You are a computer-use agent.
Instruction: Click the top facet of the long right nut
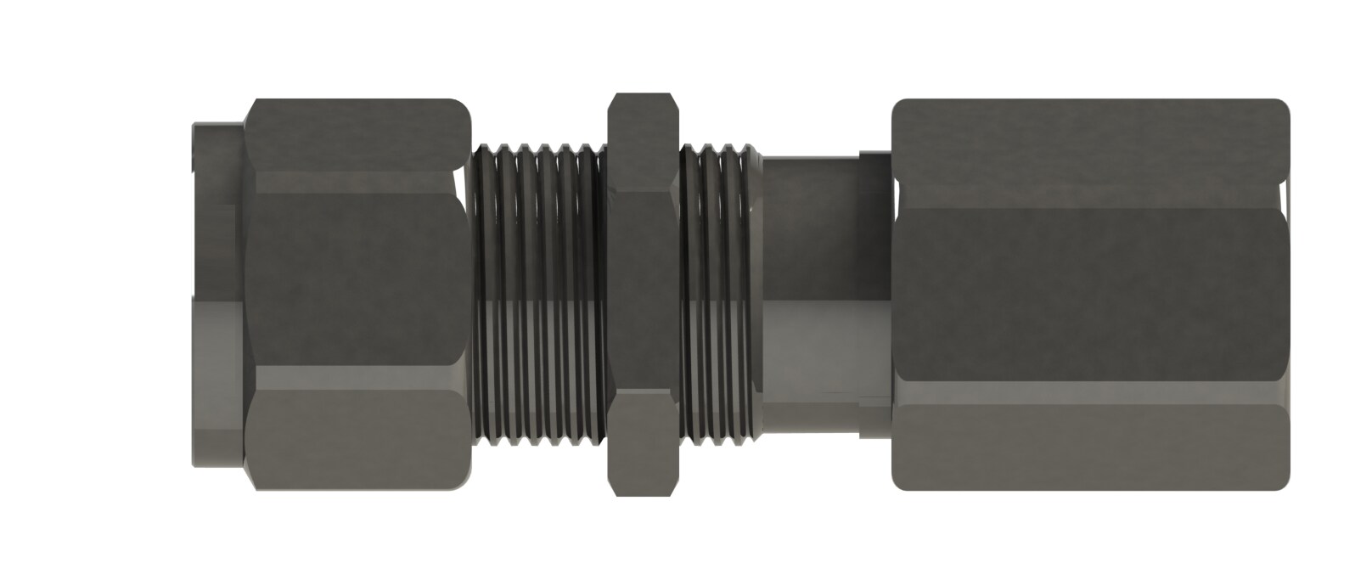pyautogui.click(x=1091, y=153)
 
